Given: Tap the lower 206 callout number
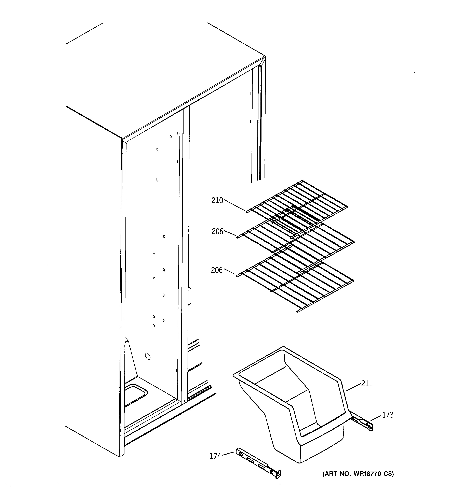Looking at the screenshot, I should (217, 270).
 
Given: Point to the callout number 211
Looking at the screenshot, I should (367, 384).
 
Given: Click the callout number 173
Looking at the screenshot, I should (388, 415).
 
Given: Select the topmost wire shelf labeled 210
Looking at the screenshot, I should (298, 202).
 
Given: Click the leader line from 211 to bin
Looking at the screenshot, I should (353, 387).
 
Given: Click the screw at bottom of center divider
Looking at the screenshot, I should (185, 401).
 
